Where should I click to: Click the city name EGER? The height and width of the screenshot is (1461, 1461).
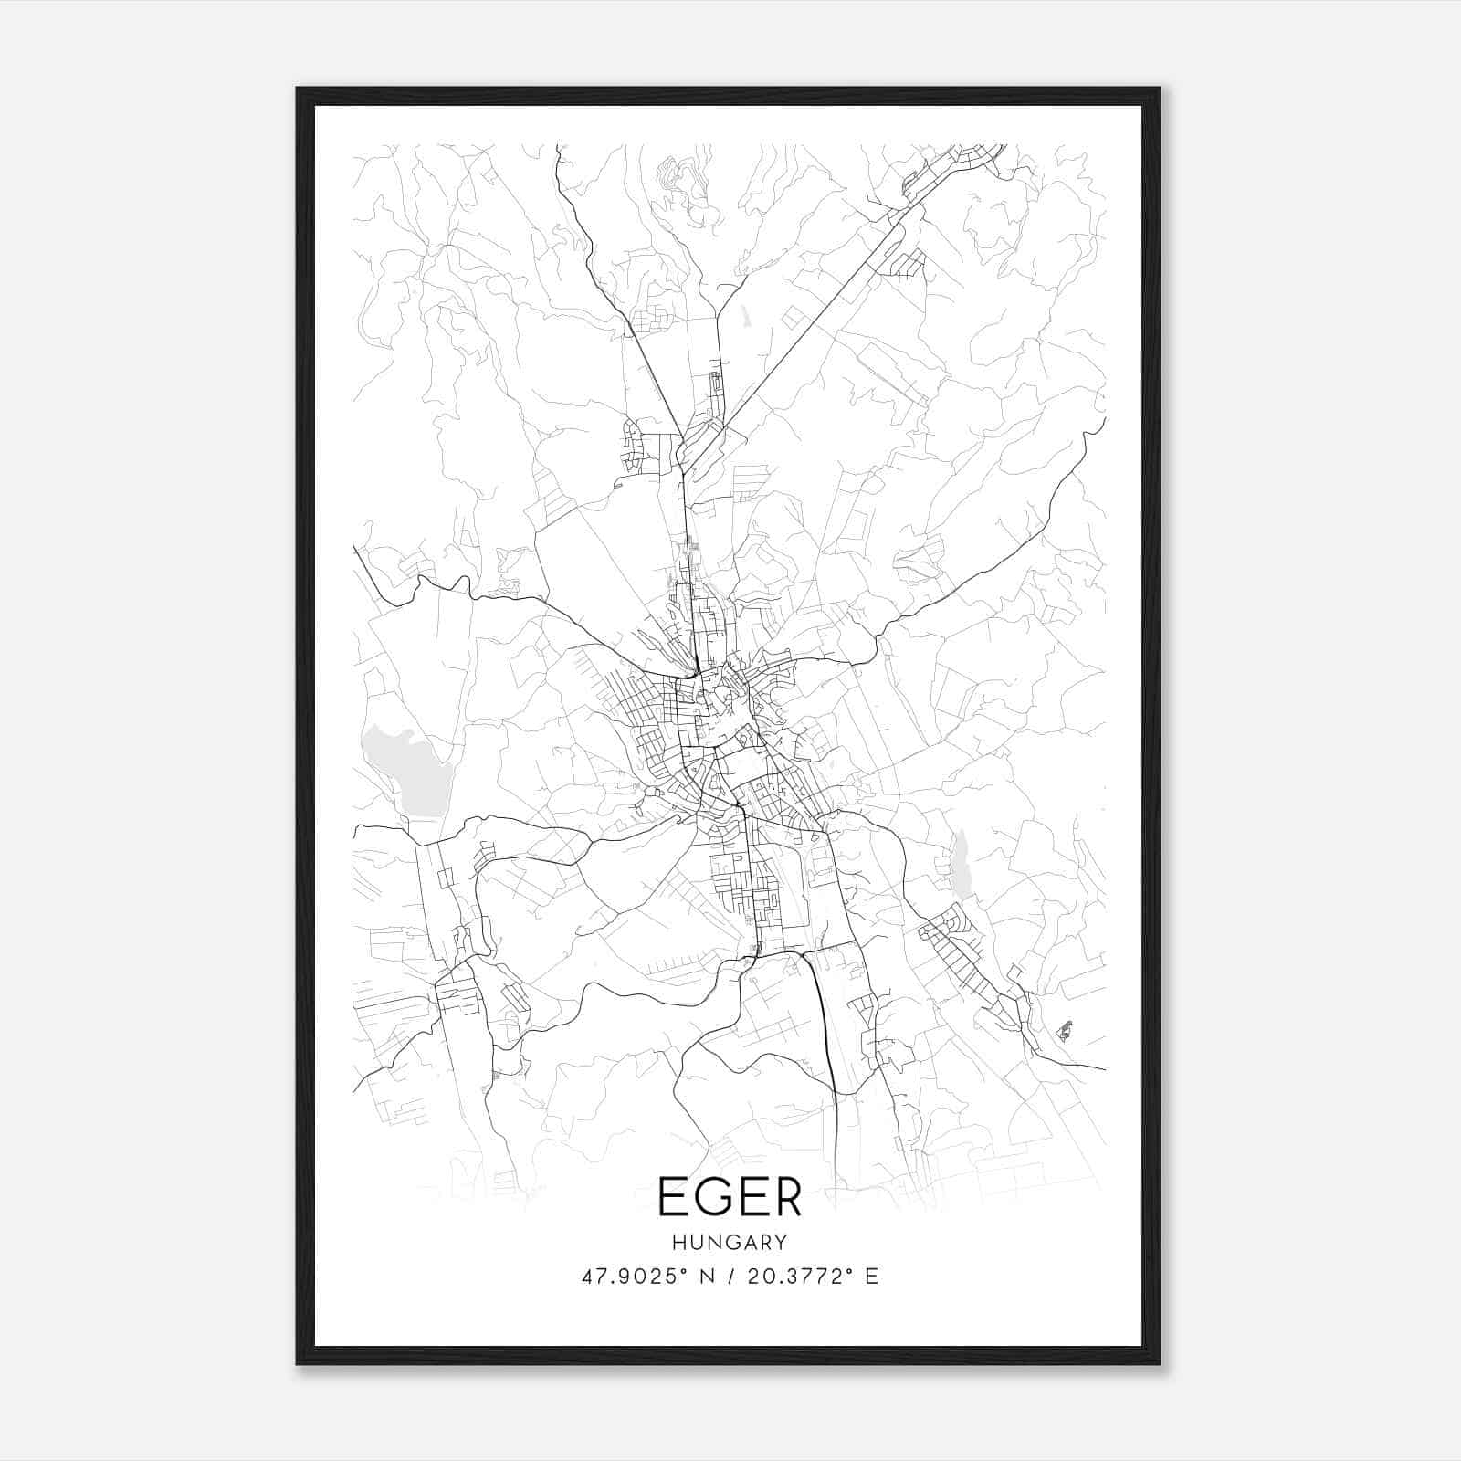pos(730,1197)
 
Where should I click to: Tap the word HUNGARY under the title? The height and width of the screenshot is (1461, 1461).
pos(730,1242)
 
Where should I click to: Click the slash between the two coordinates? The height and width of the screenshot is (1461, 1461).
pos(730,1277)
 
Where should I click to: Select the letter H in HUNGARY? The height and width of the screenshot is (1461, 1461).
pos(678,1242)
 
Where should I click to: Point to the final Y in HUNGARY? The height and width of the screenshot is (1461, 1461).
pos(782,1242)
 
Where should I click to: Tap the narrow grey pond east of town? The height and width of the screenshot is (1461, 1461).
pos(962,863)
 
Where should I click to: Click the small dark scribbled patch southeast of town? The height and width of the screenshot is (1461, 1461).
pos(1065,1031)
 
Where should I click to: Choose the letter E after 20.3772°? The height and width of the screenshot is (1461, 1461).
pos(872,1277)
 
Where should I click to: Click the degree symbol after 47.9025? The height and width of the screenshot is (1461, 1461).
pos(687,1270)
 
